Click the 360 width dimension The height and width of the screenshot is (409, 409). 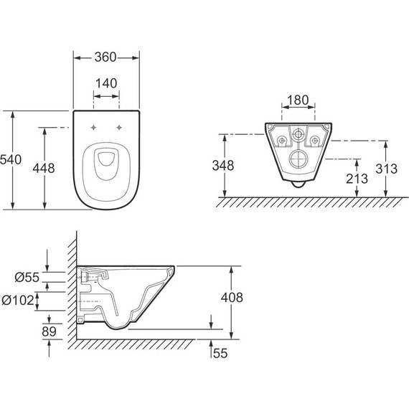pos(105,57)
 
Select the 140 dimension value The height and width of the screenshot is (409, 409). pos(106,83)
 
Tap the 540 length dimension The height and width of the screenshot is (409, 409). pos(11,159)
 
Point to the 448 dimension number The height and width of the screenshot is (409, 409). pos(44,168)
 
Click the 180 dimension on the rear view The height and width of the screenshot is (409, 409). pos(298,100)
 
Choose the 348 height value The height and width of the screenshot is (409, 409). pos(223,166)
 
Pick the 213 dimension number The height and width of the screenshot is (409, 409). pos(357,179)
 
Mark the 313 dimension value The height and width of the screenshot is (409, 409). pos(386,169)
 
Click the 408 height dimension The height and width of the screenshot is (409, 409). pos(232,297)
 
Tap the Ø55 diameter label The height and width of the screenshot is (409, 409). pos(27,277)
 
